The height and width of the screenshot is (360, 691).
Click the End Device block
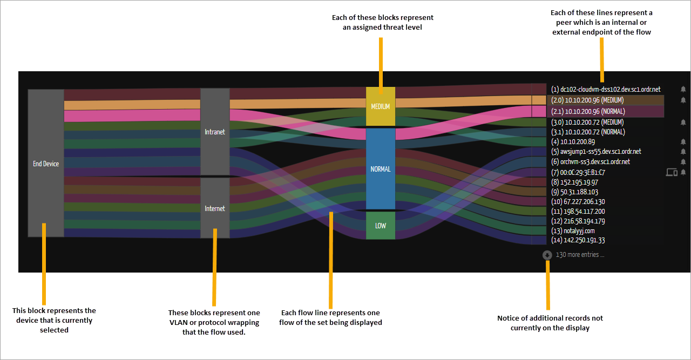46,163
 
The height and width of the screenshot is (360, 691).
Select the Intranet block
215,132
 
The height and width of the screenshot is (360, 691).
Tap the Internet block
215,208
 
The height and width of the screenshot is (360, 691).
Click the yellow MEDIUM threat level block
381,106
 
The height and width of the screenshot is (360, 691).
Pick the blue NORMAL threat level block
381,169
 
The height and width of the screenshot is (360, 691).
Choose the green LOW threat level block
381,226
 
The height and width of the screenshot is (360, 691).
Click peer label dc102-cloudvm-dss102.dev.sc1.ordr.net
606,90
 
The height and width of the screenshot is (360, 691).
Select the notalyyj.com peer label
573,231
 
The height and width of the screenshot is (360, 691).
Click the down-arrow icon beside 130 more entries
547,255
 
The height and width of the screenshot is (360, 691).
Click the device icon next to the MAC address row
672,172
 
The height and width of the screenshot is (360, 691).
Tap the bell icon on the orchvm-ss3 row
683,162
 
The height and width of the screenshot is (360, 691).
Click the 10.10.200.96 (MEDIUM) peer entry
587,100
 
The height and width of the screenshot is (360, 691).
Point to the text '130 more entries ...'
580,255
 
